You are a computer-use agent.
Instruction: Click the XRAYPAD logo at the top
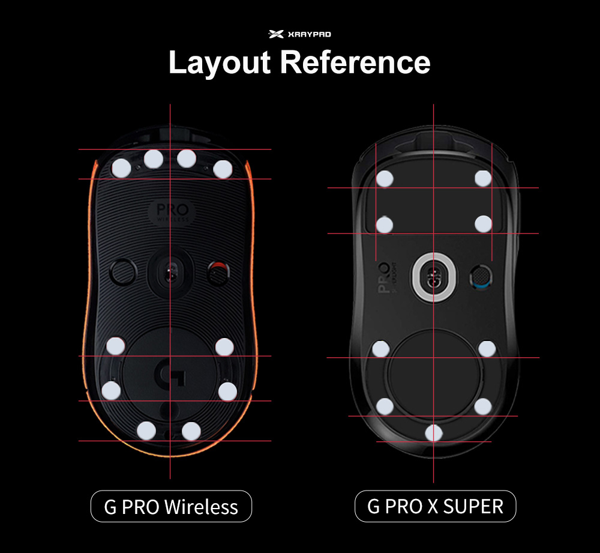click(299, 35)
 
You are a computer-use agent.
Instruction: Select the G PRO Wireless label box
click(171, 506)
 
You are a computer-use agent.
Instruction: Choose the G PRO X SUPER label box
click(435, 506)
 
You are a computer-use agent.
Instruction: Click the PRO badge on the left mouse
click(171, 212)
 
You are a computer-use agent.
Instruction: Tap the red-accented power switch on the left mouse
click(218, 273)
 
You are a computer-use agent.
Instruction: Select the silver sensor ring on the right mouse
click(434, 276)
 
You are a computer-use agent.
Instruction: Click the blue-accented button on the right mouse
click(480, 276)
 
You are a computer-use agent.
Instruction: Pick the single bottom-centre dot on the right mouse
click(434, 432)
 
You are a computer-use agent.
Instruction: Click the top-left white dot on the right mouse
click(385, 178)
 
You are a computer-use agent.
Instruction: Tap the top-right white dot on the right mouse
click(483, 178)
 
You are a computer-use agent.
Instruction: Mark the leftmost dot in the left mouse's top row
click(121, 168)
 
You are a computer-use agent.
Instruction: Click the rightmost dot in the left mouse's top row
click(222, 169)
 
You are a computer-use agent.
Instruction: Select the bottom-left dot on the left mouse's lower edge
click(146, 430)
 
